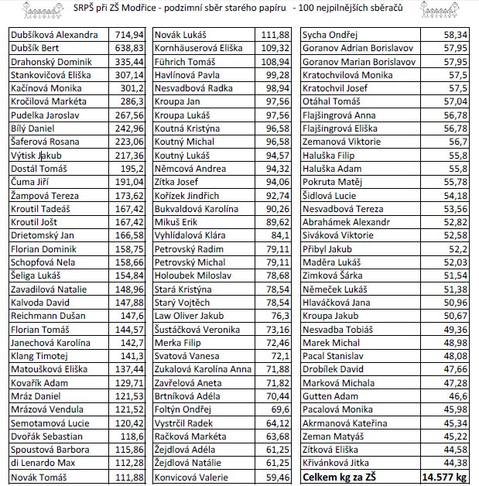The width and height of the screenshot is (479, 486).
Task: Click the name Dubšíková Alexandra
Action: [53, 35]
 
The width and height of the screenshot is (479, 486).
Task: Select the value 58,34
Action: [453, 35]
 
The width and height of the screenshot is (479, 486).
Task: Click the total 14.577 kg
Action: [443, 477]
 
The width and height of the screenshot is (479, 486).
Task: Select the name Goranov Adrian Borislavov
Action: [358, 49]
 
